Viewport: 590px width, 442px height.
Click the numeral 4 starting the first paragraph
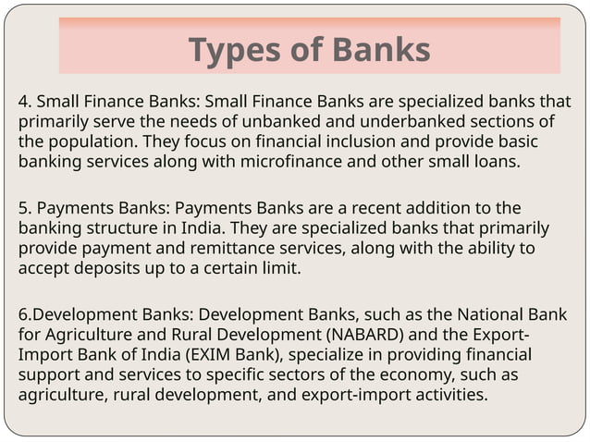23,102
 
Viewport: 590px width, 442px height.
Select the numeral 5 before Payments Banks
23,207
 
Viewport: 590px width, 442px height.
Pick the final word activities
449,396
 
